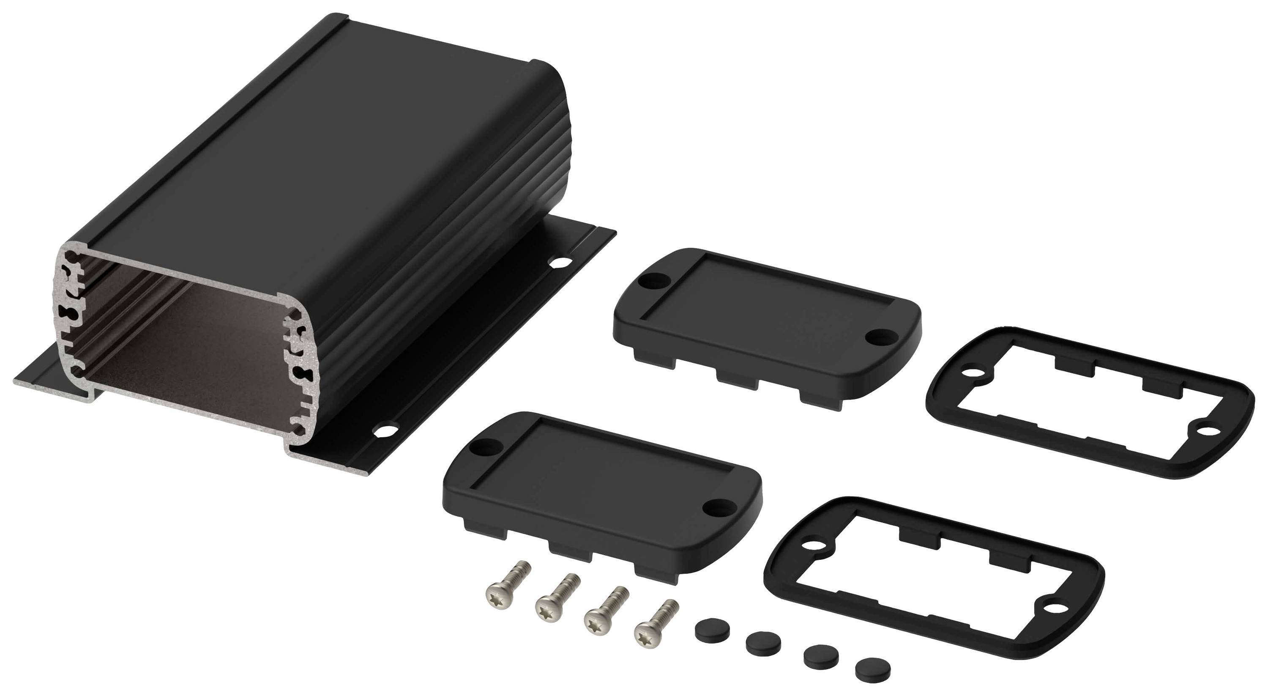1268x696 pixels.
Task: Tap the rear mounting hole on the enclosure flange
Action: pyautogui.click(x=560, y=263)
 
